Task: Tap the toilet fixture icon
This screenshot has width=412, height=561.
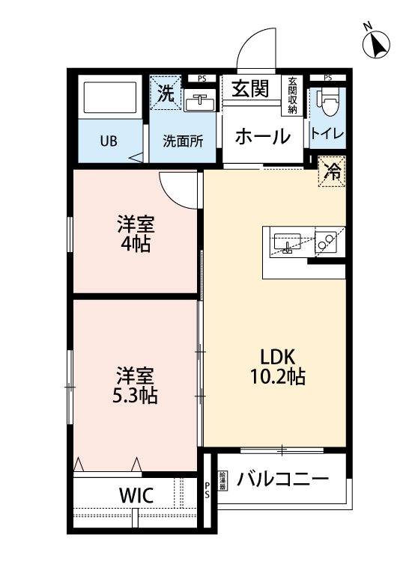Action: [x=328, y=104]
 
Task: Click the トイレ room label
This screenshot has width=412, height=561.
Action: [x=327, y=135]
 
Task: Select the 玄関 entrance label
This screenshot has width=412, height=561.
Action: [x=249, y=90]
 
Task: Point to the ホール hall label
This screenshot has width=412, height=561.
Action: [x=263, y=136]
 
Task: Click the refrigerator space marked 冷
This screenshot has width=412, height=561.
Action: [x=333, y=171]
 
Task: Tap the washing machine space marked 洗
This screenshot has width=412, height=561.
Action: [x=166, y=94]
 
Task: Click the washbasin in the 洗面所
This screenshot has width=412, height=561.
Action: [x=199, y=102]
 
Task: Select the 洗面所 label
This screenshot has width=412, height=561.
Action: [x=184, y=141]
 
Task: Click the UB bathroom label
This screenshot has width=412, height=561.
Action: [x=109, y=141]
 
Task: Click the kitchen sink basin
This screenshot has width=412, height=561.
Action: [x=286, y=242]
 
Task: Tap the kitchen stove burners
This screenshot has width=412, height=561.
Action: [x=326, y=241]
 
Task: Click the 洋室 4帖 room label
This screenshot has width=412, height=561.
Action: [x=135, y=233]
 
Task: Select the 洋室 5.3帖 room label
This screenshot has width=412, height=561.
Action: [x=135, y=384]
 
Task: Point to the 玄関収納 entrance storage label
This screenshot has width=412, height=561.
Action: [x=291, y=95]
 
